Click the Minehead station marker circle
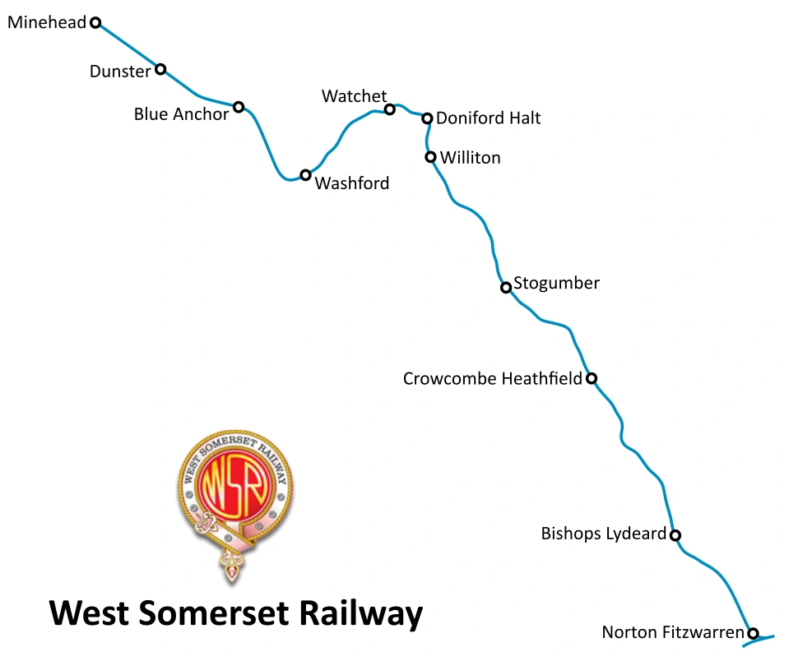(x=95, y=23)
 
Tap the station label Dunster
(x=120, y=72)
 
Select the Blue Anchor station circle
(x=239, y=107)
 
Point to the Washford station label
(x=352, y=183)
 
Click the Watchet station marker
(x=390, y=109)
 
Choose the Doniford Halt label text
(x=488, y=118)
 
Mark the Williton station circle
(x=430, y=157)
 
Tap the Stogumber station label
(x=556, y=284)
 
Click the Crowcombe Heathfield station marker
(x=591, y=378)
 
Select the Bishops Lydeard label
(x=603, y=534)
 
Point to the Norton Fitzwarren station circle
(x=752, y=633)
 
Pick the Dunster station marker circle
(x=160, y=69)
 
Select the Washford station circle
(x=305, y=175)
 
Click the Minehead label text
(x=47, y=23)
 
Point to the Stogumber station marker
(x=506, y=288)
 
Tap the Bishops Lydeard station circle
(x=675, y=535)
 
